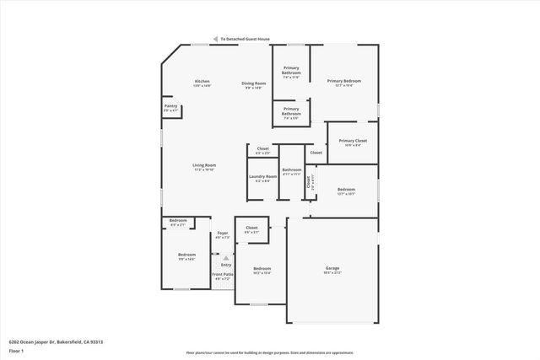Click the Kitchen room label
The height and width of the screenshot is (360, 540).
click(202, 81)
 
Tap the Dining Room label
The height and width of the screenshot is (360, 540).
click(254, 83)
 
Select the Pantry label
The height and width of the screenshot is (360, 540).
click(170, 106)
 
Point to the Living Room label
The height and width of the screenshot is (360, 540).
click(204, 165)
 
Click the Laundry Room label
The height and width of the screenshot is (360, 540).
click(262, 176)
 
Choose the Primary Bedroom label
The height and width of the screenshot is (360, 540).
click(344, 81)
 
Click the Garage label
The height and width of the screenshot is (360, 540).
click(332, 268)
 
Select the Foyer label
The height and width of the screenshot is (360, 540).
click(223, 233)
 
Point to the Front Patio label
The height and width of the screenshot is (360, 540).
click(223, 274)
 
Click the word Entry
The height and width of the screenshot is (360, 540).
click(225, 265)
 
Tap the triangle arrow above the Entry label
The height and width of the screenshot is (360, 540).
click(225, 257)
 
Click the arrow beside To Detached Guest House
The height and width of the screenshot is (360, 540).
click(216, 39)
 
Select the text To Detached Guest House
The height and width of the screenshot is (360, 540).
click(245, 39)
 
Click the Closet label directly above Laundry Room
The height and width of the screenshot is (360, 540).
click(263, 148)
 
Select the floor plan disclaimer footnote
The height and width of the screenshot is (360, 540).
click(269, 353)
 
